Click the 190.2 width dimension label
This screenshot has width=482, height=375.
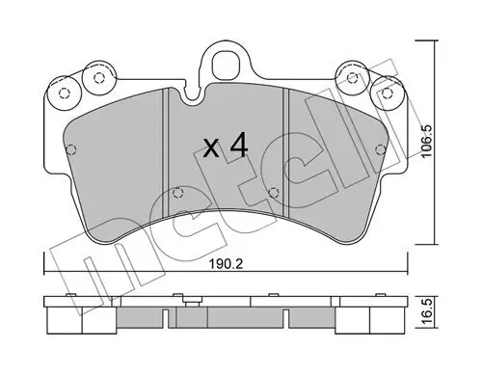pyautogui.click(x=226, y=264)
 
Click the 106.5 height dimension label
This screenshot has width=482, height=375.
pyautogui.click(x=428, y=142)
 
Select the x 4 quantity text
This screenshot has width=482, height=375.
pyautogui.click(x=227, y=147)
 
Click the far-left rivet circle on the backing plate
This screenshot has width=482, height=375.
pyautogui.click(x=65, y=94)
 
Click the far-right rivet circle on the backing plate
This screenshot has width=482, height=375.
pyautogui.click(x=388, y=93)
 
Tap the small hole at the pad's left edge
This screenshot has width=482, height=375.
pyautogui.click(x=71, y=149)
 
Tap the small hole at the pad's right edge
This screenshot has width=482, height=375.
pyautogui.click(x=381, y=149)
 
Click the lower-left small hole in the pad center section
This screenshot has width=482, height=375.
pyautogui.click(x=177, y=193)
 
